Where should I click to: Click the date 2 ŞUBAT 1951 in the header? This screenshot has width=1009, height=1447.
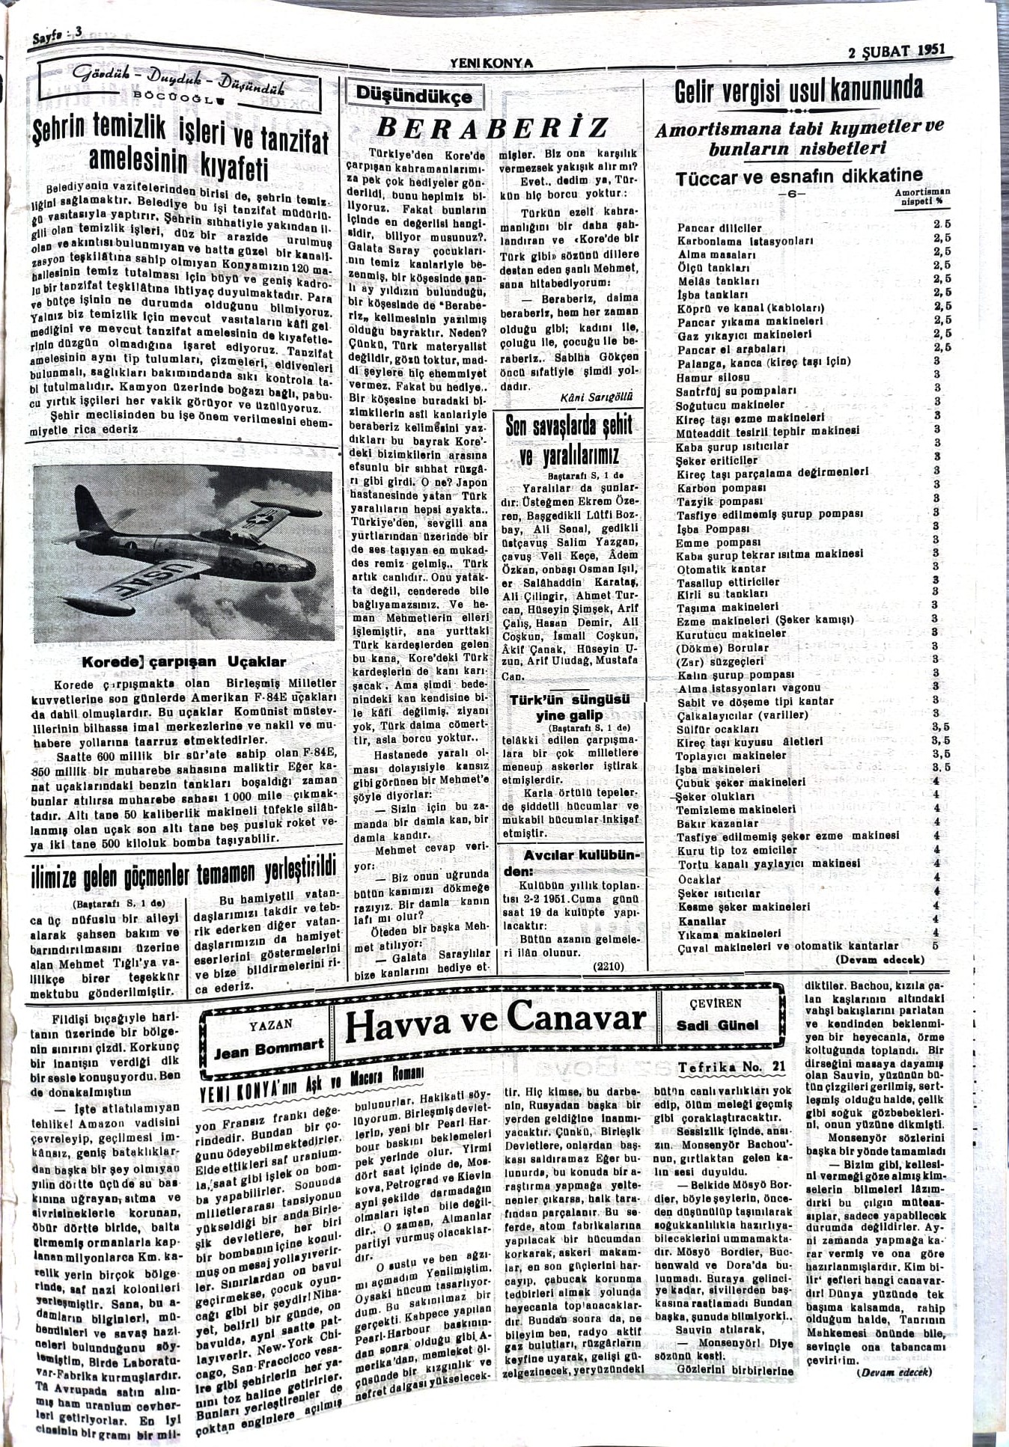897,52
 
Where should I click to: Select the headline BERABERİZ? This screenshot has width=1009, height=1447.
492,128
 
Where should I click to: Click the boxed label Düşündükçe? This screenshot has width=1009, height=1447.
414,96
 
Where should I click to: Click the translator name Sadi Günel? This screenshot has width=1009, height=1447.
718,1025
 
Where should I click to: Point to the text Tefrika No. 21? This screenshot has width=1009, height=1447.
721,1067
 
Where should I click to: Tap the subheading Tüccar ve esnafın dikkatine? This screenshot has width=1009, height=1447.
799,177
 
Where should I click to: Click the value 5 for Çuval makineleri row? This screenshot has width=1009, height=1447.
935,945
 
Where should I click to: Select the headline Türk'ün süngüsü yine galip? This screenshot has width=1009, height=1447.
569,708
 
